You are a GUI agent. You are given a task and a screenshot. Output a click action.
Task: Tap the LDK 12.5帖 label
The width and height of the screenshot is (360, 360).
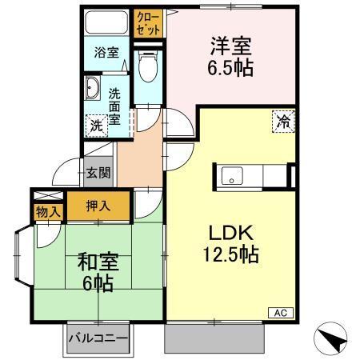tap(231, 244)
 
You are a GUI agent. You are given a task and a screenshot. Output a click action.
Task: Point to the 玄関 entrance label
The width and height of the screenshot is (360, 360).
tap(98, 171)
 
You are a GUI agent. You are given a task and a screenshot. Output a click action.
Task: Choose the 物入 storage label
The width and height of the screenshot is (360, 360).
tap(48, 212)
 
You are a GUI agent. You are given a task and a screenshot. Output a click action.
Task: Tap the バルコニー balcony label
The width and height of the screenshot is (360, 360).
tap(98, 338)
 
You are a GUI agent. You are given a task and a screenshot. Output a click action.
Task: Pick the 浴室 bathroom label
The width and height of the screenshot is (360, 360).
tap(106, 54)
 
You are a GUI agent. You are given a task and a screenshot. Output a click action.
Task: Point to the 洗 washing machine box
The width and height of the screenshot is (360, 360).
tap(96, 126)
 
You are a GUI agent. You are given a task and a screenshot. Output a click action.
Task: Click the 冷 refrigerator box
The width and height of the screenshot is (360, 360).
tap(283, 122)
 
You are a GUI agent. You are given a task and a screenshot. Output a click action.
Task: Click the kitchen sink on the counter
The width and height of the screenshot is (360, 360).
tap(234, 174)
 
